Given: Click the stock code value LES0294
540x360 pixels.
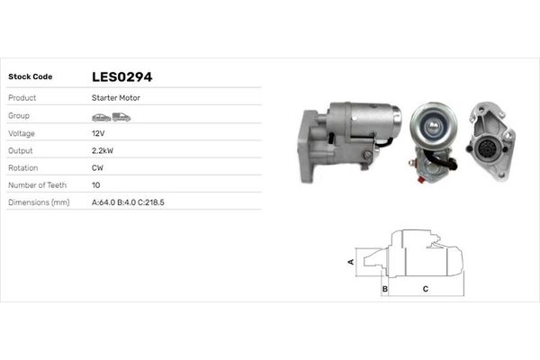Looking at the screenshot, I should click(x=128, y=77).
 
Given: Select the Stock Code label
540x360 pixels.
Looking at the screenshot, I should click(x=30, y=77).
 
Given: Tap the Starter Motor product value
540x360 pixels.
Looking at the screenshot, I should click(x=115, y=97).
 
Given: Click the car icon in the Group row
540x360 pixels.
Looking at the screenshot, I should click(x=101, y=116).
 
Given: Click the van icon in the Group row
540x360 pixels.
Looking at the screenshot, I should click(x=121, y=116).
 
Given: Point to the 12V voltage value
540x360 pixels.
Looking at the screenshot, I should click(x=98, y=133).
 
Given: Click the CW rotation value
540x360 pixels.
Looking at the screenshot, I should click(x=97, y=167).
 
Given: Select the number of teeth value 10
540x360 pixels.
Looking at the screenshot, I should click(x=96, y=184).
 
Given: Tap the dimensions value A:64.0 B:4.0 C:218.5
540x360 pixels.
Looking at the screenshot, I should click(x=128, y=202).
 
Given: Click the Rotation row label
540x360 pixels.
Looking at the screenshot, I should click(x=22, y=167).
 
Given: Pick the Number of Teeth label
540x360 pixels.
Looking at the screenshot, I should click(x=36, y=184).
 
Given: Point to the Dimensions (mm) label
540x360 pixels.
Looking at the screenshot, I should click(x=39, y=202).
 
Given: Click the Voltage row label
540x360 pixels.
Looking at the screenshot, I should click(x=22, y=133).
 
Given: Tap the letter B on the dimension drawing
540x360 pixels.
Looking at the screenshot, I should click(x=384, y=289).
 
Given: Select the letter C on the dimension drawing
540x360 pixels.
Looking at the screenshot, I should click(x=425, y=289).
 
